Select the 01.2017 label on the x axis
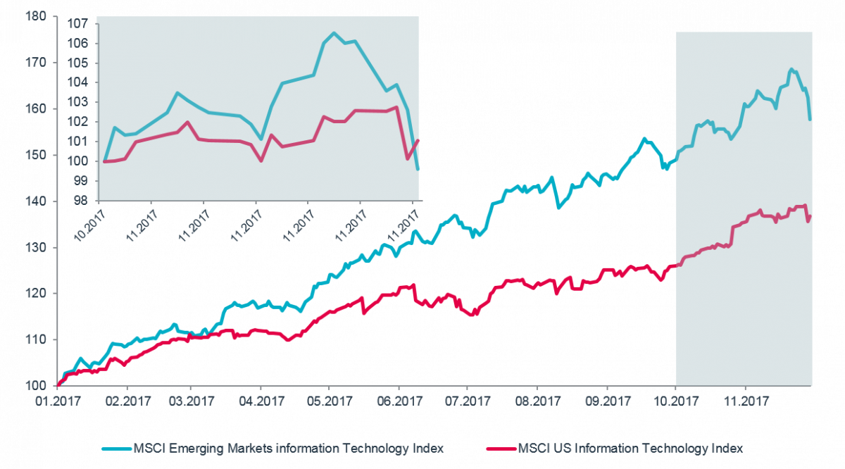point(58,403)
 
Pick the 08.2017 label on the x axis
point(537,403)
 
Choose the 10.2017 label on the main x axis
point(675,403)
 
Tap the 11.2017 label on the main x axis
point(744,403)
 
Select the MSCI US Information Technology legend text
point(630,448)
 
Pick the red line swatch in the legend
point(501,448)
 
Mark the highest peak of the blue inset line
point(334,32)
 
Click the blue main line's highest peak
point(791,69)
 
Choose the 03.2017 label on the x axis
point(193,403)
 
